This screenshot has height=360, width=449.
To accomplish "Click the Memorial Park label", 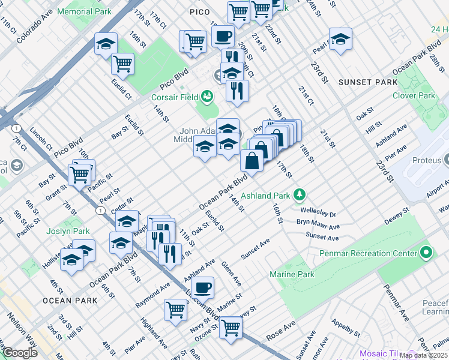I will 88,11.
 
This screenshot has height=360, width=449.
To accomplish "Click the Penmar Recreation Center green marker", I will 426,253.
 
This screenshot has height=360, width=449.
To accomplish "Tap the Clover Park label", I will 413,95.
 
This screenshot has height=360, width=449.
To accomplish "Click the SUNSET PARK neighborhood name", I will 367,82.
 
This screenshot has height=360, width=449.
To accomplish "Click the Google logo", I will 19,353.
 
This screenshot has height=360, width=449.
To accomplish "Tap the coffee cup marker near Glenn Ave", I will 204,286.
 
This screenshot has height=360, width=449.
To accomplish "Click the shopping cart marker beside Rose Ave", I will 230,328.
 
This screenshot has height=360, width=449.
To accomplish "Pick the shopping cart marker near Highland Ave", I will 175,310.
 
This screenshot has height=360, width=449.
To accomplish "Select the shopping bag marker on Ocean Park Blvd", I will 252,161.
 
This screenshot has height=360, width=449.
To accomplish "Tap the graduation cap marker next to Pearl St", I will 340,38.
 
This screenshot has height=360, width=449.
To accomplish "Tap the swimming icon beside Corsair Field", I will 207,95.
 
